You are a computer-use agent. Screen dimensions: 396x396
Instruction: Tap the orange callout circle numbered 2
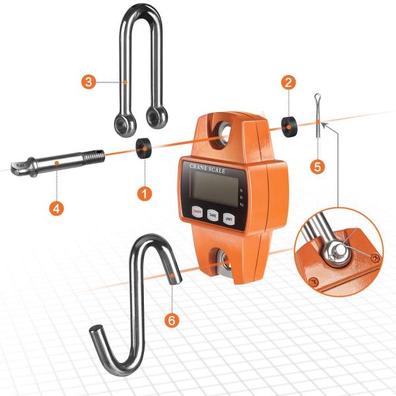(287, 82)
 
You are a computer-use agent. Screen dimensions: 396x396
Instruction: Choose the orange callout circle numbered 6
(171, 320)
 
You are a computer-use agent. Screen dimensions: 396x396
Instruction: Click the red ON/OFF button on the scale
(197, 211)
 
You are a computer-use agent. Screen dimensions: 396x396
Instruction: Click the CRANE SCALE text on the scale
(207, 168)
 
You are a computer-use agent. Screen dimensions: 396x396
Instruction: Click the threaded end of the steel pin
(94, 156)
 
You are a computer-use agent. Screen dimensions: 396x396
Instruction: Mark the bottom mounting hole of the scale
(223, 261)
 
